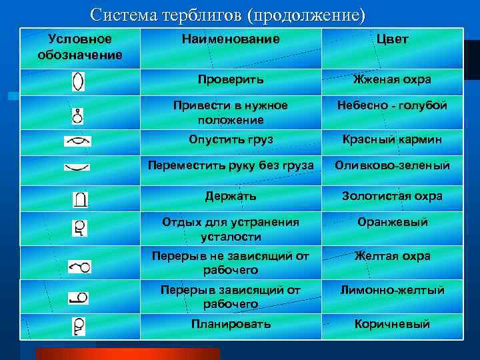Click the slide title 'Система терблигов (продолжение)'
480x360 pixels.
(x=228, y=14)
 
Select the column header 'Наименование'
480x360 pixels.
(x=231, y=39)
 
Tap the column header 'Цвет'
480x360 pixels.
(x=392, y=39)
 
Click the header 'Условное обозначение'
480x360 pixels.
(x=79, y=47)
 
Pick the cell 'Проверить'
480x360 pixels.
(x=231, y=79)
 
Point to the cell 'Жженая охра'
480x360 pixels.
(x=392, y=79)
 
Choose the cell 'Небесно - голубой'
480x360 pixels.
(x=392, y=105)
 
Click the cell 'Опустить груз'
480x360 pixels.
(x=231, y=139)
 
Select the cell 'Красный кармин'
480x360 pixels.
(x=392, y=139)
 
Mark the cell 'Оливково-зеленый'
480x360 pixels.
(x=392, y=165)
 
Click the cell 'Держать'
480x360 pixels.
(x=231, y=196)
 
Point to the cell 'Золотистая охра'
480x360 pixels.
(x=392, y=196)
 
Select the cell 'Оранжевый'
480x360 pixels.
(x=392, y=222)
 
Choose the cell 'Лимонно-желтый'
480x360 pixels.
(x=392, y=290)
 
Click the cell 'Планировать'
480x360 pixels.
(x=231, y=324)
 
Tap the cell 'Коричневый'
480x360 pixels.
(x=392, y=324)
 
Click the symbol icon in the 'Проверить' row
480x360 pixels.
(x=78, y=81)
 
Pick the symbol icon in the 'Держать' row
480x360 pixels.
(x=80, y=199)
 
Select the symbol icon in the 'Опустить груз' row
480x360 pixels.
(x=77, y=141)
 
